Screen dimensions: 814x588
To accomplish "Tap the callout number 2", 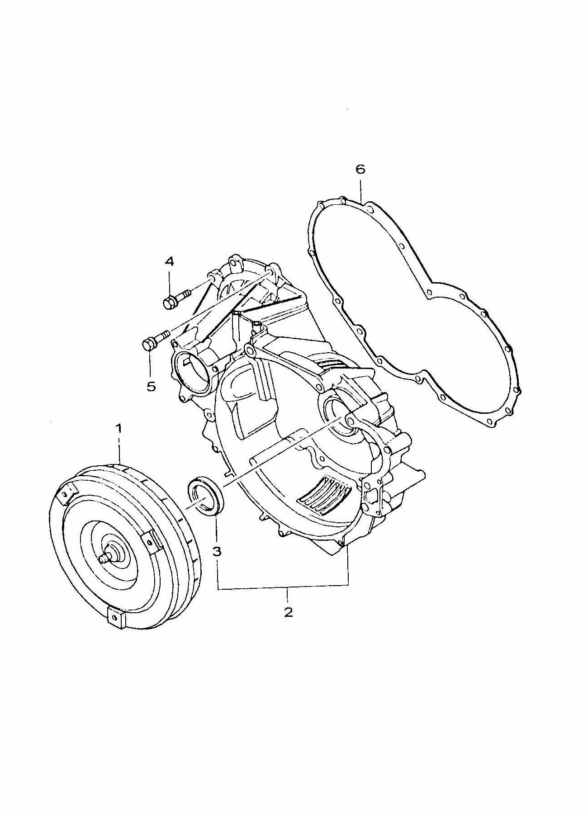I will [x=288, y=613].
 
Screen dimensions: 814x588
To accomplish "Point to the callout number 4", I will [x=169, y=261].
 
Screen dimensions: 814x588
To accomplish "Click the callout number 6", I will [x=360, y=170].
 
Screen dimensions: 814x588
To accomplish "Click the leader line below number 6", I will [x=361, y=190].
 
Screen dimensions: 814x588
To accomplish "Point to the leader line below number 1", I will [x=119, y=448].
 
